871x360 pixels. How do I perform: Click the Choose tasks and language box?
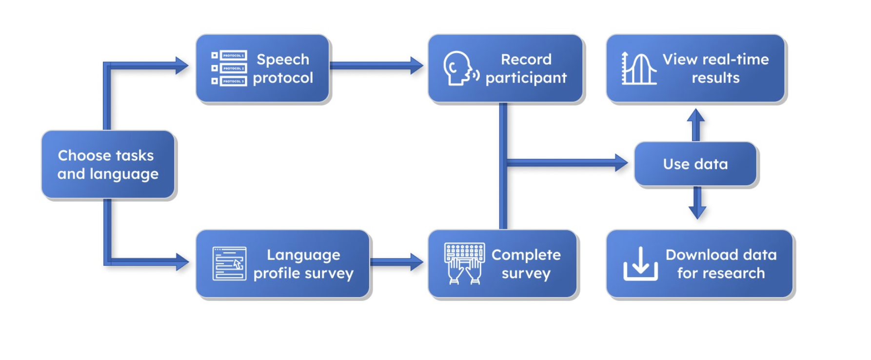[x=108, y=164]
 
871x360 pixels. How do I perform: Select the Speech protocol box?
[x=263, y=68]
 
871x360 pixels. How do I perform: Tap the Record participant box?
[x=506, y=68]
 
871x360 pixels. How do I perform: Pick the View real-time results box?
[x=696, y=68]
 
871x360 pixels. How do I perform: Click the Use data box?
[x=695, y=164]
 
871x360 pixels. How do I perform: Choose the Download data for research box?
[x=700, y=264]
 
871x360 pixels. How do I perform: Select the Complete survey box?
[x=503, y=264]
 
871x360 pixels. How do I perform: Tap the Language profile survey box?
[x=283, y=264]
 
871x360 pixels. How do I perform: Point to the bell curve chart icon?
[x=639, y=68]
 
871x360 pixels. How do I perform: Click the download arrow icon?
[x=640, y=264]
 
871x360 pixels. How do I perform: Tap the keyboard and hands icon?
[x=464, y=264]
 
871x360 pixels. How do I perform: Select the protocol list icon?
[x=229, y=68]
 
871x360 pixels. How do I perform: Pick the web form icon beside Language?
[x=229, y=264]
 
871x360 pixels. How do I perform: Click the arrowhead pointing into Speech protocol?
[x=182, y=65]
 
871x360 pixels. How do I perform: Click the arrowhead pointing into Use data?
[x=621, y=162]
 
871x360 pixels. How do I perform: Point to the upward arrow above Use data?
[x=696, y=125]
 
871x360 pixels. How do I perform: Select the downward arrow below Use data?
[x=697, y=203]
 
